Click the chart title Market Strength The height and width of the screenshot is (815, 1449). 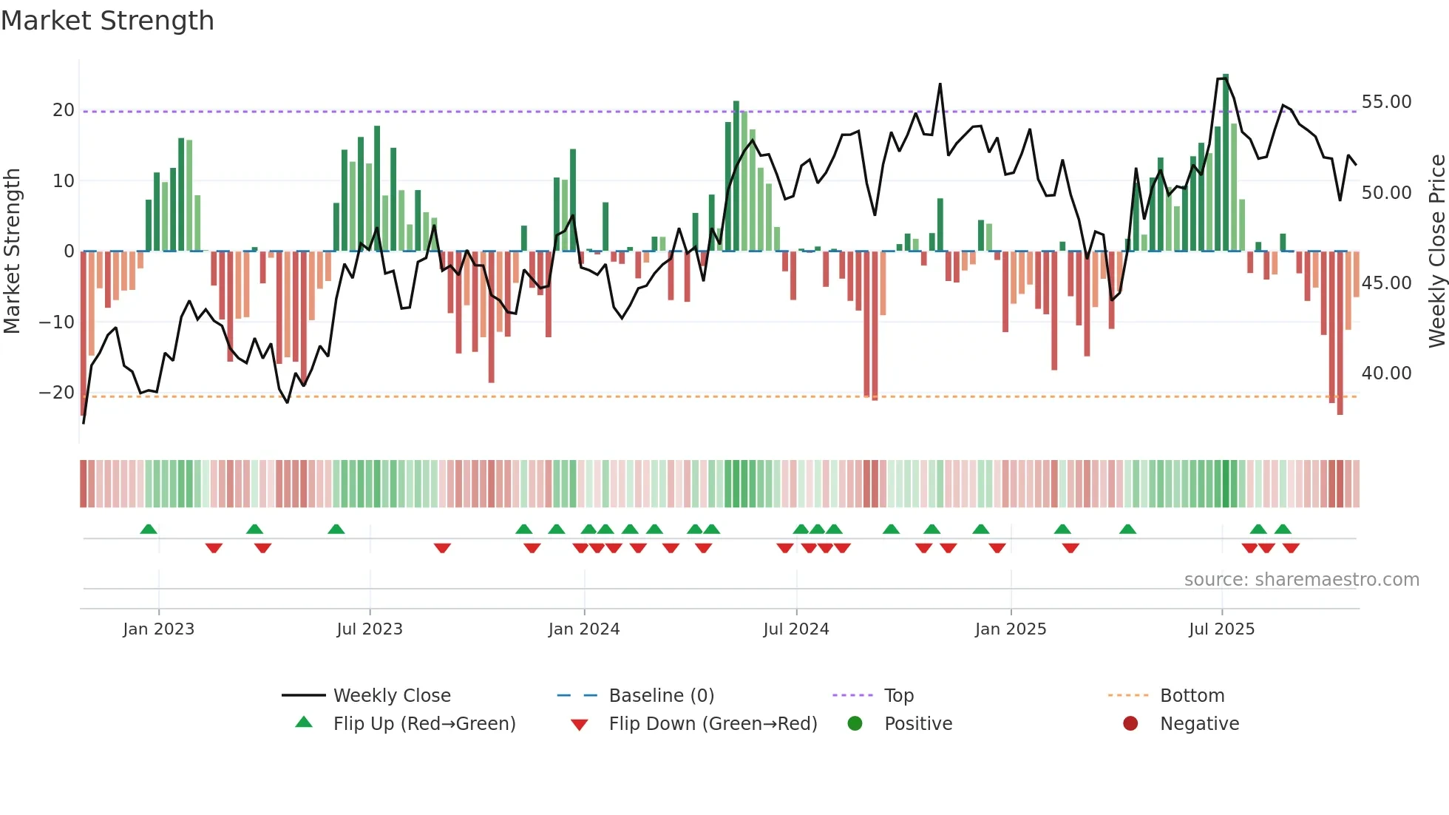click(107, 21)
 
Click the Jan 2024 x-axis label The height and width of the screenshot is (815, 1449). click(583, 629)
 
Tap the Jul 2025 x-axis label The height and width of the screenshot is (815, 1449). click(1221, 629)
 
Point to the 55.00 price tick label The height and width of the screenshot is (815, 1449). click(1386, 102)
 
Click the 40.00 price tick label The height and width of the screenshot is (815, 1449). click(1386, 373)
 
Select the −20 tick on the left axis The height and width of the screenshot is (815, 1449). click(57, 393)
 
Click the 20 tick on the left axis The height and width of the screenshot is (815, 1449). click(64, 110)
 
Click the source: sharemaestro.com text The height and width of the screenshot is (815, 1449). click(1301, 579)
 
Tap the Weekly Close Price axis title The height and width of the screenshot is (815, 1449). click(1436, 251)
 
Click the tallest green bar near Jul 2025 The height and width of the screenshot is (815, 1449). click(1226, 163)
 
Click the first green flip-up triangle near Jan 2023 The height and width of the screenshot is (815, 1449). click(149, 529)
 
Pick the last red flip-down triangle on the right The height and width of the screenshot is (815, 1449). click(1291, 548)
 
